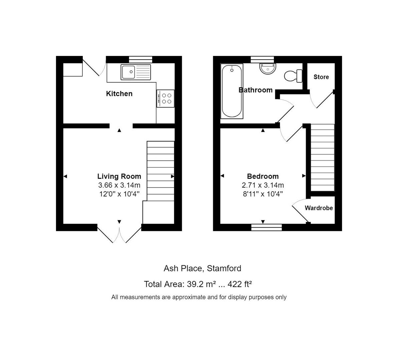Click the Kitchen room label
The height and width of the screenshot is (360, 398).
pyautogui.click(x=119, y=94)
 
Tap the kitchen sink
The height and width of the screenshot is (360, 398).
pyautogui.click(x=136, y=72)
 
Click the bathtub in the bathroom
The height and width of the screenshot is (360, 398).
pyautogui.click(x=232, y=91)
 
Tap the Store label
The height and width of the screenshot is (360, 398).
pyautogui.click(x=321, y=77)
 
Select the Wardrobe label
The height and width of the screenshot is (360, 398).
pyautogui.click(x=319, y=208)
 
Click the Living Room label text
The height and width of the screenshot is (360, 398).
pyautogui.click(x=119, y=176)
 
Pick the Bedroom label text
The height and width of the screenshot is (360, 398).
pyautogui.click(x=263, y=176)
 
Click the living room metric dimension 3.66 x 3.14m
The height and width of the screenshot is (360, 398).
pyautogui.click(x=119, y=185)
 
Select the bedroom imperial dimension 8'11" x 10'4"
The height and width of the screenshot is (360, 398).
pyautogui.click(x=263, y=194)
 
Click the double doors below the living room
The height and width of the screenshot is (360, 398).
pyautogui.click(x=119, y=234)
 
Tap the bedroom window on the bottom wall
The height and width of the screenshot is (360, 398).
pyautogui.click(x=266, y=227)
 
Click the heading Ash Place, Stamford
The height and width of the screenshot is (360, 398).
pyautogui.click(x=202, y=268)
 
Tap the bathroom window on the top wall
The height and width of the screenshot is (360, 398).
pyautogui.click(x=262, y=60)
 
